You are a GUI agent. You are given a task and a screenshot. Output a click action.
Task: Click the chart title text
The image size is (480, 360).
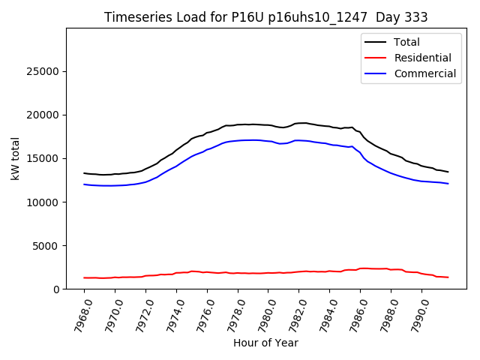[266, 17]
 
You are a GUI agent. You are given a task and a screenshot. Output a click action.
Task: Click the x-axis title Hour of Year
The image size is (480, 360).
[265, 343]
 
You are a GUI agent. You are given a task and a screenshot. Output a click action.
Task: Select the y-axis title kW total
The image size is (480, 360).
[15, 158]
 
